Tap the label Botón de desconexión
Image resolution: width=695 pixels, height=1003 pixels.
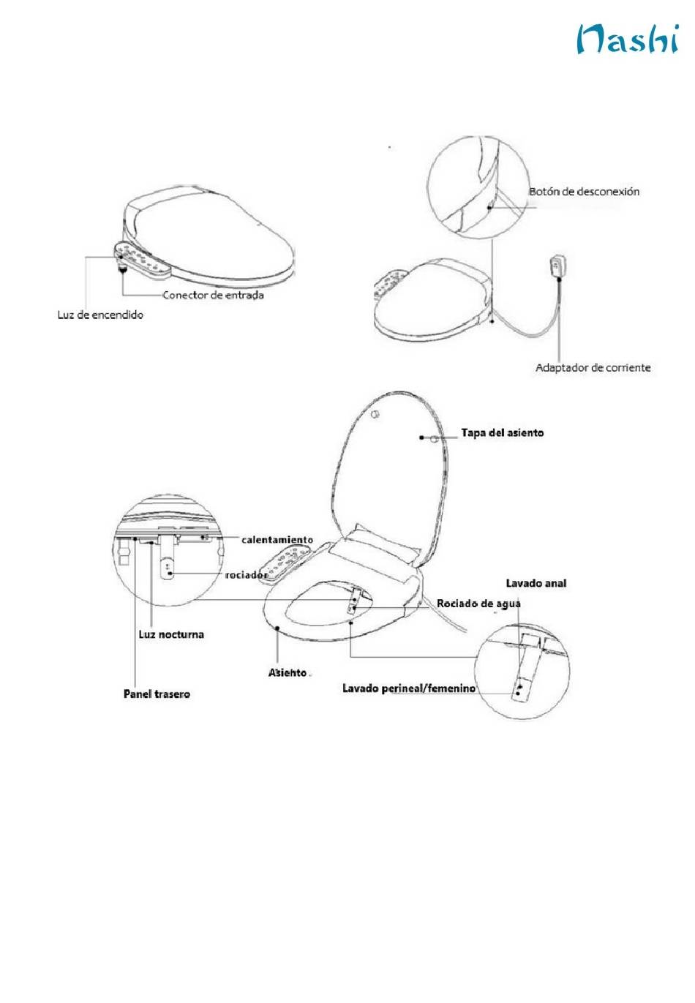point(584,192)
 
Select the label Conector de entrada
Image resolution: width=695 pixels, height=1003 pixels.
point(213,296)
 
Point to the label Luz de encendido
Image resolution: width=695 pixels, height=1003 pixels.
point(100,315)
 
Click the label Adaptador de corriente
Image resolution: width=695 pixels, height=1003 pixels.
point(593,367)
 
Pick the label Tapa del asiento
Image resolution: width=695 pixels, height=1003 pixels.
point(502,433)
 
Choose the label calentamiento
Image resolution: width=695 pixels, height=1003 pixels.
point(277,540)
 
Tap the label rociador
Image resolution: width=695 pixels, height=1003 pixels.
point(245,575)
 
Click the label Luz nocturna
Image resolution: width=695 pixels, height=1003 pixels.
point(171,634)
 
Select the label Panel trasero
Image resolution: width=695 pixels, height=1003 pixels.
point(157,694)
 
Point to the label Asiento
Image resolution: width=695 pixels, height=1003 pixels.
point(287,672)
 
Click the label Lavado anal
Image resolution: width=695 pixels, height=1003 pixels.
point(536,583)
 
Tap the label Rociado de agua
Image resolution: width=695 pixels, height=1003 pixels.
point(478,604)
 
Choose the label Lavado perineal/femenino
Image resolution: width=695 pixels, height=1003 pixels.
point(409,688)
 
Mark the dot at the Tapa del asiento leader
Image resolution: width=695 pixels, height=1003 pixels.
point(422,437)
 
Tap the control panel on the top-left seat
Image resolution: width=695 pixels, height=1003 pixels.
point(143,260)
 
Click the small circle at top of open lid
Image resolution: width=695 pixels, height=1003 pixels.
point(375,415)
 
